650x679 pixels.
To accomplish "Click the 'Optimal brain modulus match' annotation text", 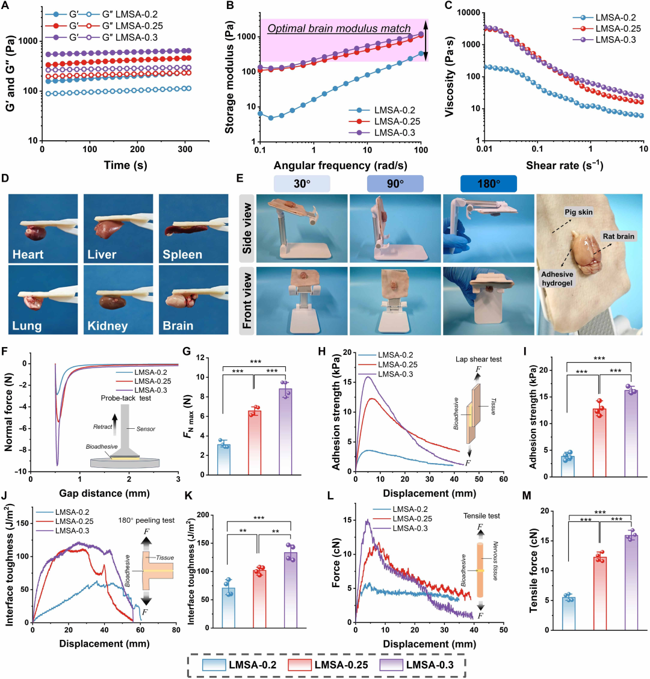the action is coord(339,29).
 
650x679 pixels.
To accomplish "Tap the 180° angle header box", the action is coord(488,183).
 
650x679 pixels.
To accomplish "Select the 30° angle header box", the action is coord(302,183).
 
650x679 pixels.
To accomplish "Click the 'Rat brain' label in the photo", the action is coord(618,236).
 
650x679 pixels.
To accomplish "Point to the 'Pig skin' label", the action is coord(578,212).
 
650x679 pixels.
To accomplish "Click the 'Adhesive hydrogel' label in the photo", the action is coord(557,278).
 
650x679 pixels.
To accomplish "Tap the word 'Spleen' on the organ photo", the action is coord(182,254).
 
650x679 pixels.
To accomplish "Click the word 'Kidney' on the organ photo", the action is coord(108,325).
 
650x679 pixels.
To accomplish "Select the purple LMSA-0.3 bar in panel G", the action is coord(285,431).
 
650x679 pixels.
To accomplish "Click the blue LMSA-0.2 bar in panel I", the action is coord(568,466).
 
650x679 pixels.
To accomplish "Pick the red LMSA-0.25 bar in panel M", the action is coord(599,593).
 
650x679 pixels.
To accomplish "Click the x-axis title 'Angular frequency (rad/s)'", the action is coord(340,165).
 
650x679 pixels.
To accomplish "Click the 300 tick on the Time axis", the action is coord(185,149).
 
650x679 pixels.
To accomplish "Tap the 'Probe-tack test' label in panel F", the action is coord(126,398).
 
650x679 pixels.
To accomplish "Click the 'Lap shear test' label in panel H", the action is coord(478,359).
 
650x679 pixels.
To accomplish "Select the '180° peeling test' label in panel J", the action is coord(146,520).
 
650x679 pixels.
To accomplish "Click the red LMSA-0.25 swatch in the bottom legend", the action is coord(300,665).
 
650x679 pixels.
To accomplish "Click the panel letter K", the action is coord(188,496).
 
